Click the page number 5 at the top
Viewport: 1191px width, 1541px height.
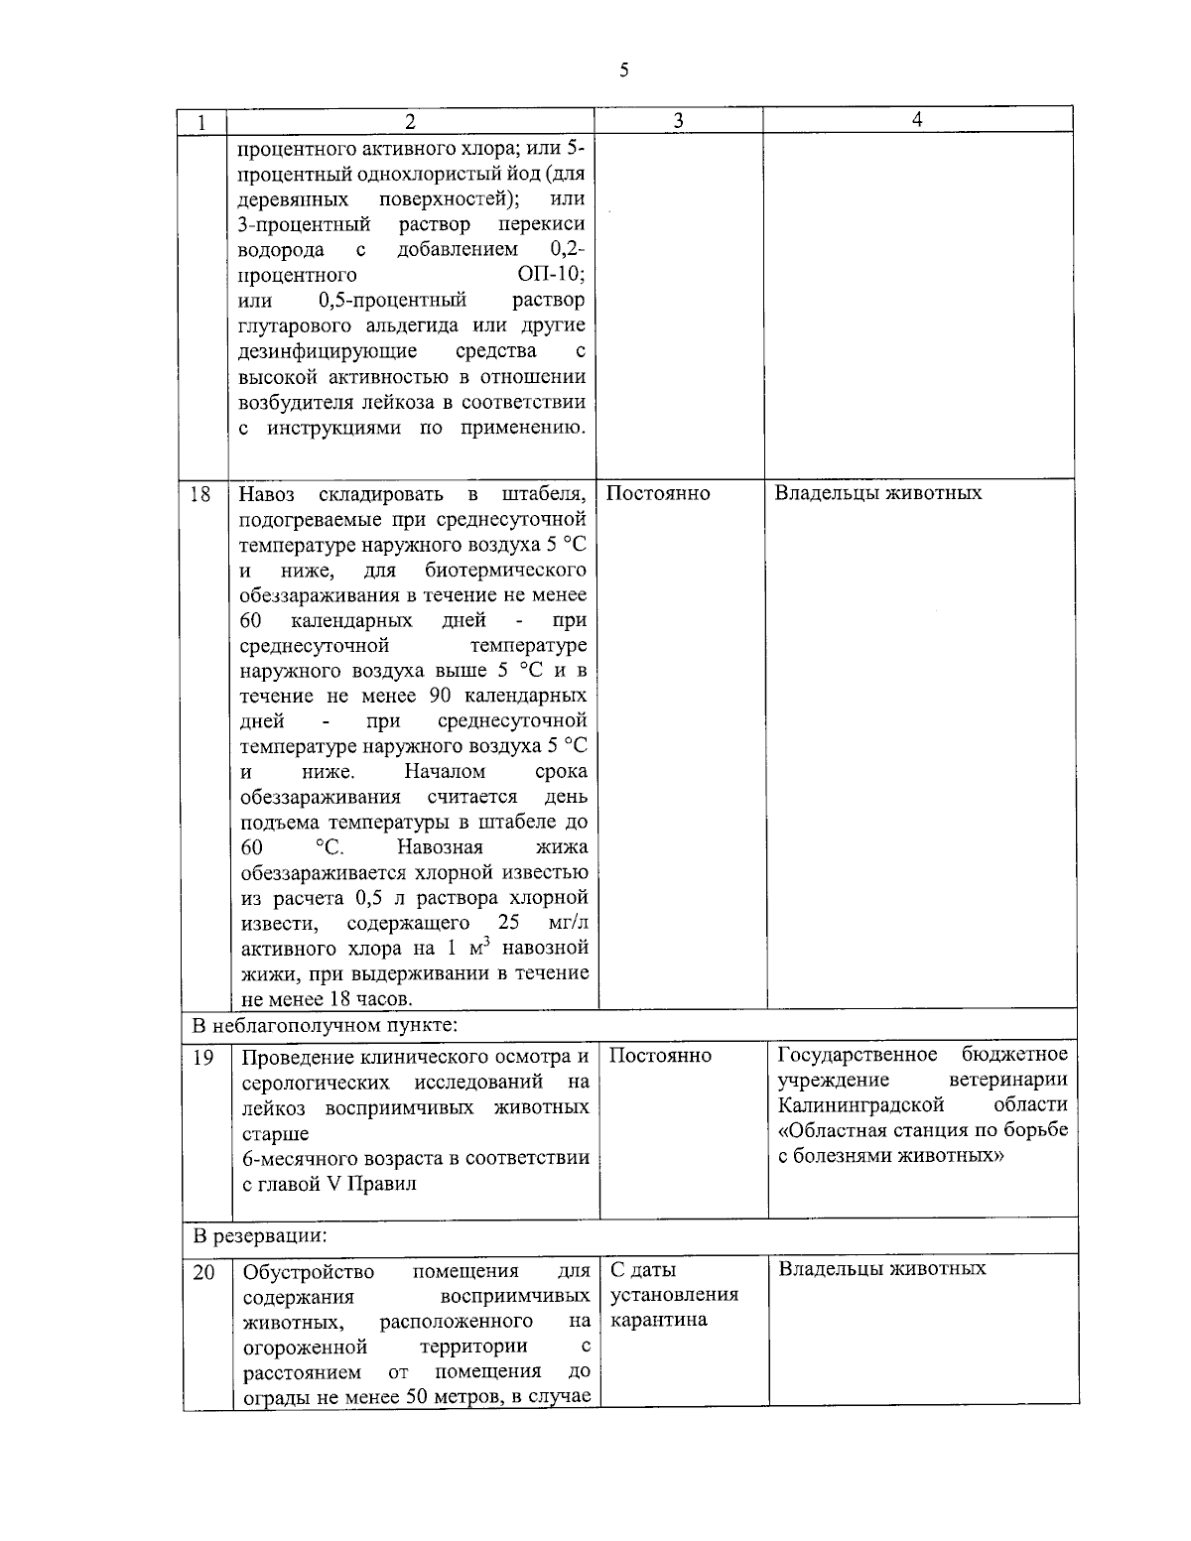click(623, 69)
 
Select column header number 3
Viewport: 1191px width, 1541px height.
click(678, 121)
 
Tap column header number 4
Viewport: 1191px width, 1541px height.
click(917, 120)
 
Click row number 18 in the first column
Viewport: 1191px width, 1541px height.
click(200, 494)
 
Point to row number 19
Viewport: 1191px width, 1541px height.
click(202, 1058)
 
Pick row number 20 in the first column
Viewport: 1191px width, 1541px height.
click(203, 1271)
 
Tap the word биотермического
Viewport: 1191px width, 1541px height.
click(505, 570)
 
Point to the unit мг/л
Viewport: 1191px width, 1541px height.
click(568, 923)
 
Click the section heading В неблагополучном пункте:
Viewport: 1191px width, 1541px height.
click(325, 1024)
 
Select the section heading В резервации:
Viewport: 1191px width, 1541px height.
click(260, 1236)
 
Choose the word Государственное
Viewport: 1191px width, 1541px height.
click(858, 1054)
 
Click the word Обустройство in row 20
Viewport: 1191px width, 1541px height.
click(309, 1271)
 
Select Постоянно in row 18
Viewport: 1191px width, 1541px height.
click(658, 493)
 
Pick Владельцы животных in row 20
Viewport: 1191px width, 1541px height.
click(882, 1268)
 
